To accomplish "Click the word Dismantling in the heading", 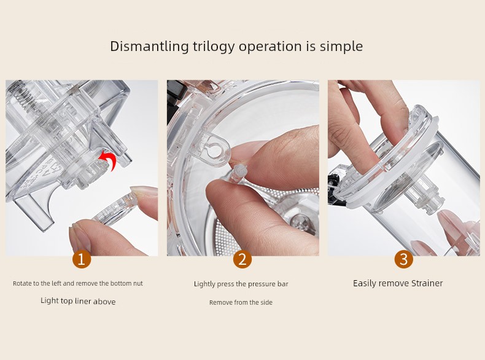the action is (x=149, y=47).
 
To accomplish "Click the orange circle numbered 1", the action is (x=82, y=259).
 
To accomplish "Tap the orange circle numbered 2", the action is (x=243, y=259).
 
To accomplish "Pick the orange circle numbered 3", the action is (x=403, y=259).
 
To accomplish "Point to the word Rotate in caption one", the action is (x=21, y=283).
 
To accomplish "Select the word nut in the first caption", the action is (x=138, y=284).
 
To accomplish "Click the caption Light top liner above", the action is (x=78, y=301).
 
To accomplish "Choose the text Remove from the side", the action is (x=241, y=302).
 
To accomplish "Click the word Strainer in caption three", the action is (x=427, y=283).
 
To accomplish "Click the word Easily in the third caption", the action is (x=365, y=284).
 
